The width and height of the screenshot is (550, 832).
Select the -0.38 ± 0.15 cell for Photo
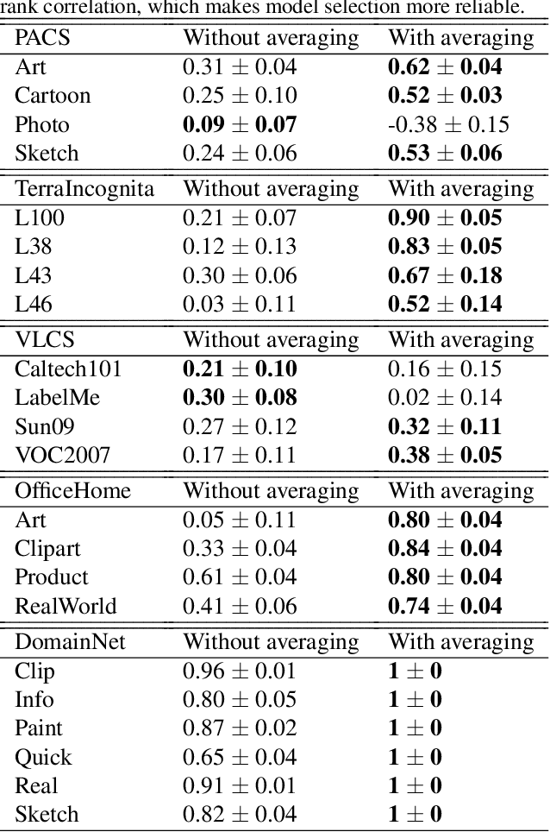[x=448, y=124]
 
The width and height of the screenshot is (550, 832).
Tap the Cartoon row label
[x=53, y=95]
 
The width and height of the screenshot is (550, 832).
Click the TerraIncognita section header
[x=84, y=189]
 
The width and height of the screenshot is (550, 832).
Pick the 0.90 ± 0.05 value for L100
[x=445, y=218]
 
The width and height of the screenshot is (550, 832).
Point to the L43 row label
[x=33, y=275]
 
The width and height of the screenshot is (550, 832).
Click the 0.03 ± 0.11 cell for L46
[x=239, y=304]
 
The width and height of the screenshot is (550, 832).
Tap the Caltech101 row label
[x=68, y=369]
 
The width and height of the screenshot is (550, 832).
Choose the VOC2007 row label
[x=62, y=455]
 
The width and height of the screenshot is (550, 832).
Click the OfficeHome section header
[x=73, y=491]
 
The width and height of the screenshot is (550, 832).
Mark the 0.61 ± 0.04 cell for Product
[x=239, y=577]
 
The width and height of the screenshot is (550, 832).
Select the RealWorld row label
[x=65, y=606]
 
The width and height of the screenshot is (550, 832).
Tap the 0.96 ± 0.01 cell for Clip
[x=239, y=671]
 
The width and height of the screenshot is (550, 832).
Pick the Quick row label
[x=43, y=757]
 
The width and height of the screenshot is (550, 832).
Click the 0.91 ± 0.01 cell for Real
[x=239, y=785]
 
